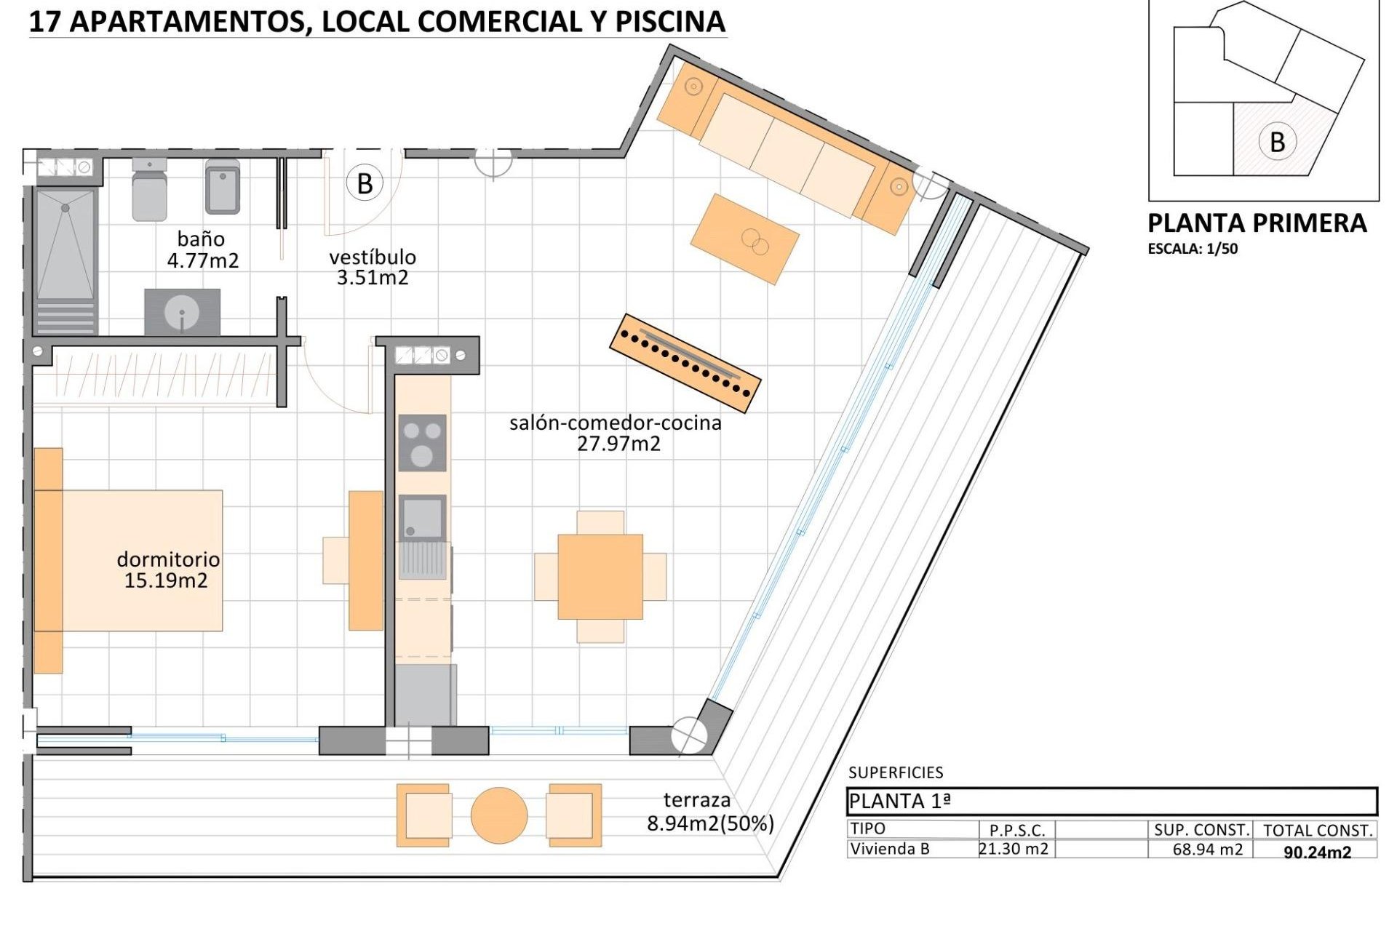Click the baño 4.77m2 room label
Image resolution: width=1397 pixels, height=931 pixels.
tap(202, 249)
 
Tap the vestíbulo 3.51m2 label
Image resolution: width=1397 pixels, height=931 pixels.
tap(373, 267)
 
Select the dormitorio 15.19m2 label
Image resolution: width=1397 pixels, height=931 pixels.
tap(167, 570)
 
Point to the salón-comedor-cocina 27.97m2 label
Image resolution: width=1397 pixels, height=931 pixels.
tap(616, 433)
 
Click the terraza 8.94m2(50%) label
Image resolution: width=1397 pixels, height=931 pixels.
tap(709, 812)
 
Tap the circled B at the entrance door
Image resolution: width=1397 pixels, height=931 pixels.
tap(365, 184)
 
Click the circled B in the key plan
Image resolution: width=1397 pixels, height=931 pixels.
tap(1277, 142)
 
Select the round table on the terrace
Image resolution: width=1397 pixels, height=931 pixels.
tap(499, 815)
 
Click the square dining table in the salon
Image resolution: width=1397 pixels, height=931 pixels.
tap(600, 577)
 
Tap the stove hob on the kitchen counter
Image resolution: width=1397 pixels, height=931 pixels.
tap(422, 443)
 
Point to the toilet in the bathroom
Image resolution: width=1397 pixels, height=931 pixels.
tap(149, 190)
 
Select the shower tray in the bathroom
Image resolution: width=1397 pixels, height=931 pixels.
tap(65, 244)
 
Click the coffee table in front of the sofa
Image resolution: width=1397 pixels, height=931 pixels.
tap(744, 239)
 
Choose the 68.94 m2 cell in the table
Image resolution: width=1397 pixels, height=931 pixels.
tap(1207, 849)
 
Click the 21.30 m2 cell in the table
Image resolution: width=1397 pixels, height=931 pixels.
tap(1014, 849)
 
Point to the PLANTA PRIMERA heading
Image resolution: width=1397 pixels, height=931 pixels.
tap(1257, 223)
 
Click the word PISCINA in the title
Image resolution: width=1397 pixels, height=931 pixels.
tap(670, 22)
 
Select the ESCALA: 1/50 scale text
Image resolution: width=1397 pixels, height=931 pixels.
tap(1193, 249)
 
